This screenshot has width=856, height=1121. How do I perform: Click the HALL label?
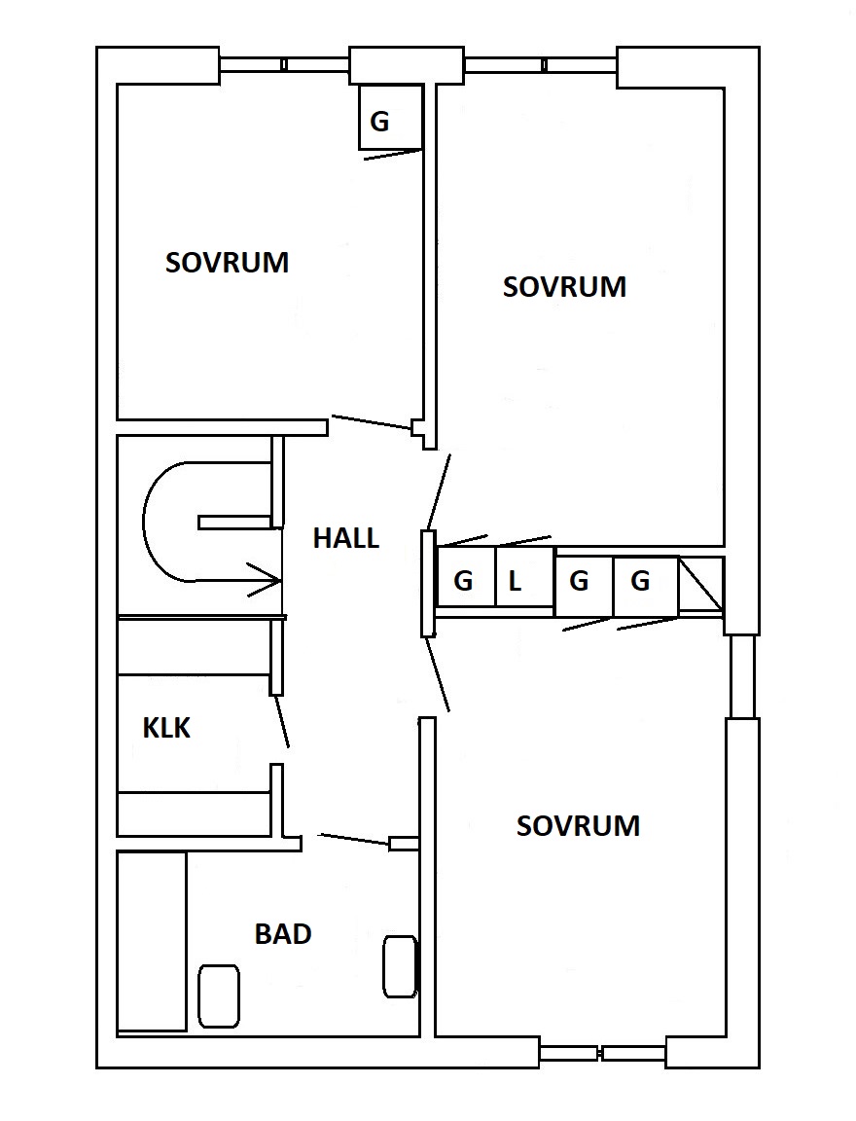click(346, 537)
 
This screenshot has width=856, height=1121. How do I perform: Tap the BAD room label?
click(283, 934)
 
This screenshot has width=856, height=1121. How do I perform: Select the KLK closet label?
click(166, 728)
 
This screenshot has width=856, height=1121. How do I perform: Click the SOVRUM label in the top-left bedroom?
click(228, 263)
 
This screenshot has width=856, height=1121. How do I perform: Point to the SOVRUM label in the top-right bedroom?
click(564, 287)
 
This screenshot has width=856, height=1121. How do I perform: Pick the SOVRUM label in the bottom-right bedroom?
click(578, 826)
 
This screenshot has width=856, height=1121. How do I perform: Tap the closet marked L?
click(524, 578)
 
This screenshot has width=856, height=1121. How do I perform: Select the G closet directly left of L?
click(466, 578)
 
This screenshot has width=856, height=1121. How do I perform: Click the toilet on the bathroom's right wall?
click(400, 966)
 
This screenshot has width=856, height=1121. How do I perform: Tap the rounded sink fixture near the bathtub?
click(218, 995)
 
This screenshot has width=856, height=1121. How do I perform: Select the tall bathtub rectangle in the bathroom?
click(152, 942)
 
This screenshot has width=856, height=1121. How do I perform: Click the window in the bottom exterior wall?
click(601, 1053)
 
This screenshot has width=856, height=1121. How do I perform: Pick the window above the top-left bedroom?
click(284, 65)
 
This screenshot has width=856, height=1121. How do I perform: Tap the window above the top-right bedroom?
click(541, 65)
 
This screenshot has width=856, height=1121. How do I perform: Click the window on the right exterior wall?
click(742, 676)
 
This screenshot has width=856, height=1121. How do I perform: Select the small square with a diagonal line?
click(701, 586)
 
